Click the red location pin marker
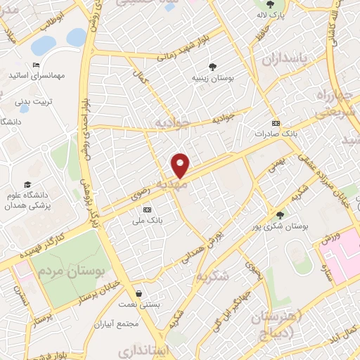coord(181,165)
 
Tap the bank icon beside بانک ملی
coord(147,210)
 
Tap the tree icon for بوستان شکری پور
coord(281,215)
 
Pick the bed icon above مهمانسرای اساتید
coord(36,65)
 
